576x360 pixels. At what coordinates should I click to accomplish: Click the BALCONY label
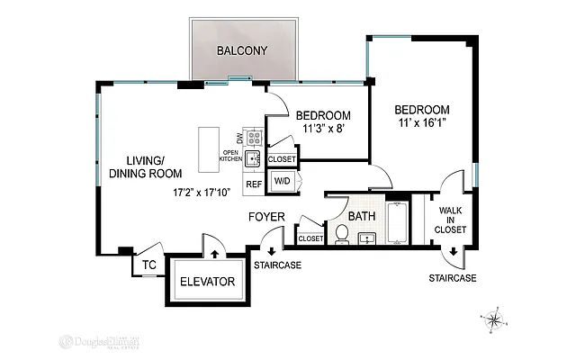click(x=241, y=50)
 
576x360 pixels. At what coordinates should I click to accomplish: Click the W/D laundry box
click(x=283, y=180)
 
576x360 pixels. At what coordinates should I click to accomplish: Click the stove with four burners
click(x=254, y=139)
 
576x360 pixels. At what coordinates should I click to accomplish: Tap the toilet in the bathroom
click(x=342, y=233)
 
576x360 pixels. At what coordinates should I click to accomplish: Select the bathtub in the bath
click(x=397, y=223)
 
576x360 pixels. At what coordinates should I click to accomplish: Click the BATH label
click(x=362, y=216)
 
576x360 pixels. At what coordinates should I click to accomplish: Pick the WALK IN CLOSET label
click(x=452, y=220)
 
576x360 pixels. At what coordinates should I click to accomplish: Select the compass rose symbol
click(x=495, y=319)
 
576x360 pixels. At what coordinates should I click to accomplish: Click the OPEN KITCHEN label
click(x=232, y=156)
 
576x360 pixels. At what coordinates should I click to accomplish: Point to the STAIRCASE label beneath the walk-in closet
click(x=452, y=278)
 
